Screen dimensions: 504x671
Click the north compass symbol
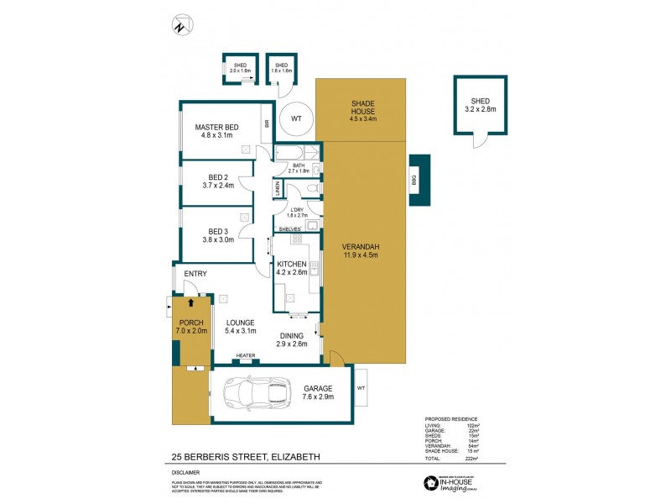click(179, 26)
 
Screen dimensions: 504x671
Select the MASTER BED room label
click(216, 127)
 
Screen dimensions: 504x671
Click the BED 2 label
click(218, 177)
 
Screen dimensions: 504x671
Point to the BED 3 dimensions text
click(218, 239)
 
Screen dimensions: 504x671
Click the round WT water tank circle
click(295, 119)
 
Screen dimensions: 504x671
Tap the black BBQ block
click(419, 180)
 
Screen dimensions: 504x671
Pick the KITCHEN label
click(291, 264)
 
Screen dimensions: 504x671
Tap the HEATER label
click(246, 355)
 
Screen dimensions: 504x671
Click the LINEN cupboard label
click(278, 190)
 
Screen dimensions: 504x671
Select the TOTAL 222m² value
click(471, 459)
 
